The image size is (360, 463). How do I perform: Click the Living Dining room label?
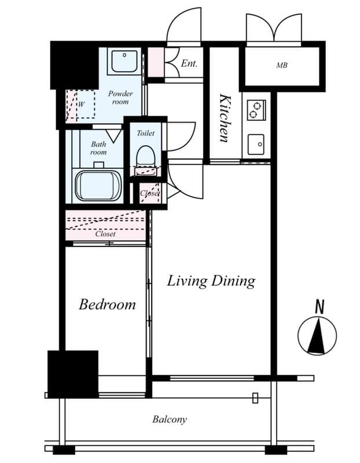[x=211, y=281]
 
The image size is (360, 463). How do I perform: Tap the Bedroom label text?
[x=107, y=304]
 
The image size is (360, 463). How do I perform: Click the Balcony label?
[x=170, y=420]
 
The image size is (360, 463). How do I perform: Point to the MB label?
[x=281, y=65]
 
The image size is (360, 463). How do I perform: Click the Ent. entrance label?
[x=189, y=63]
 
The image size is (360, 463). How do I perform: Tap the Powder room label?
[x=120, y=97]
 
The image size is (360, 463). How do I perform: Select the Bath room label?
[x=98, y=148]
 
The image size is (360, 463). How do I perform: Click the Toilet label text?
[x=145, y=133]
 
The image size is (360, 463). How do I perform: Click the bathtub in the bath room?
[x=98, y=185]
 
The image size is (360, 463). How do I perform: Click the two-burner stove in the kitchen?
[x=256, y=109]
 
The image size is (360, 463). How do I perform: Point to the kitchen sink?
[x=256, y=144]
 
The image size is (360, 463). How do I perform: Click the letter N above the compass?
[x=318, y=307]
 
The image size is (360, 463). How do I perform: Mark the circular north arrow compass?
[x=317, y=336]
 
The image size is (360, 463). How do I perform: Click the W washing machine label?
[x=82, y=105]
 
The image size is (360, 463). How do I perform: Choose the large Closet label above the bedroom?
[x=105, y=234]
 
